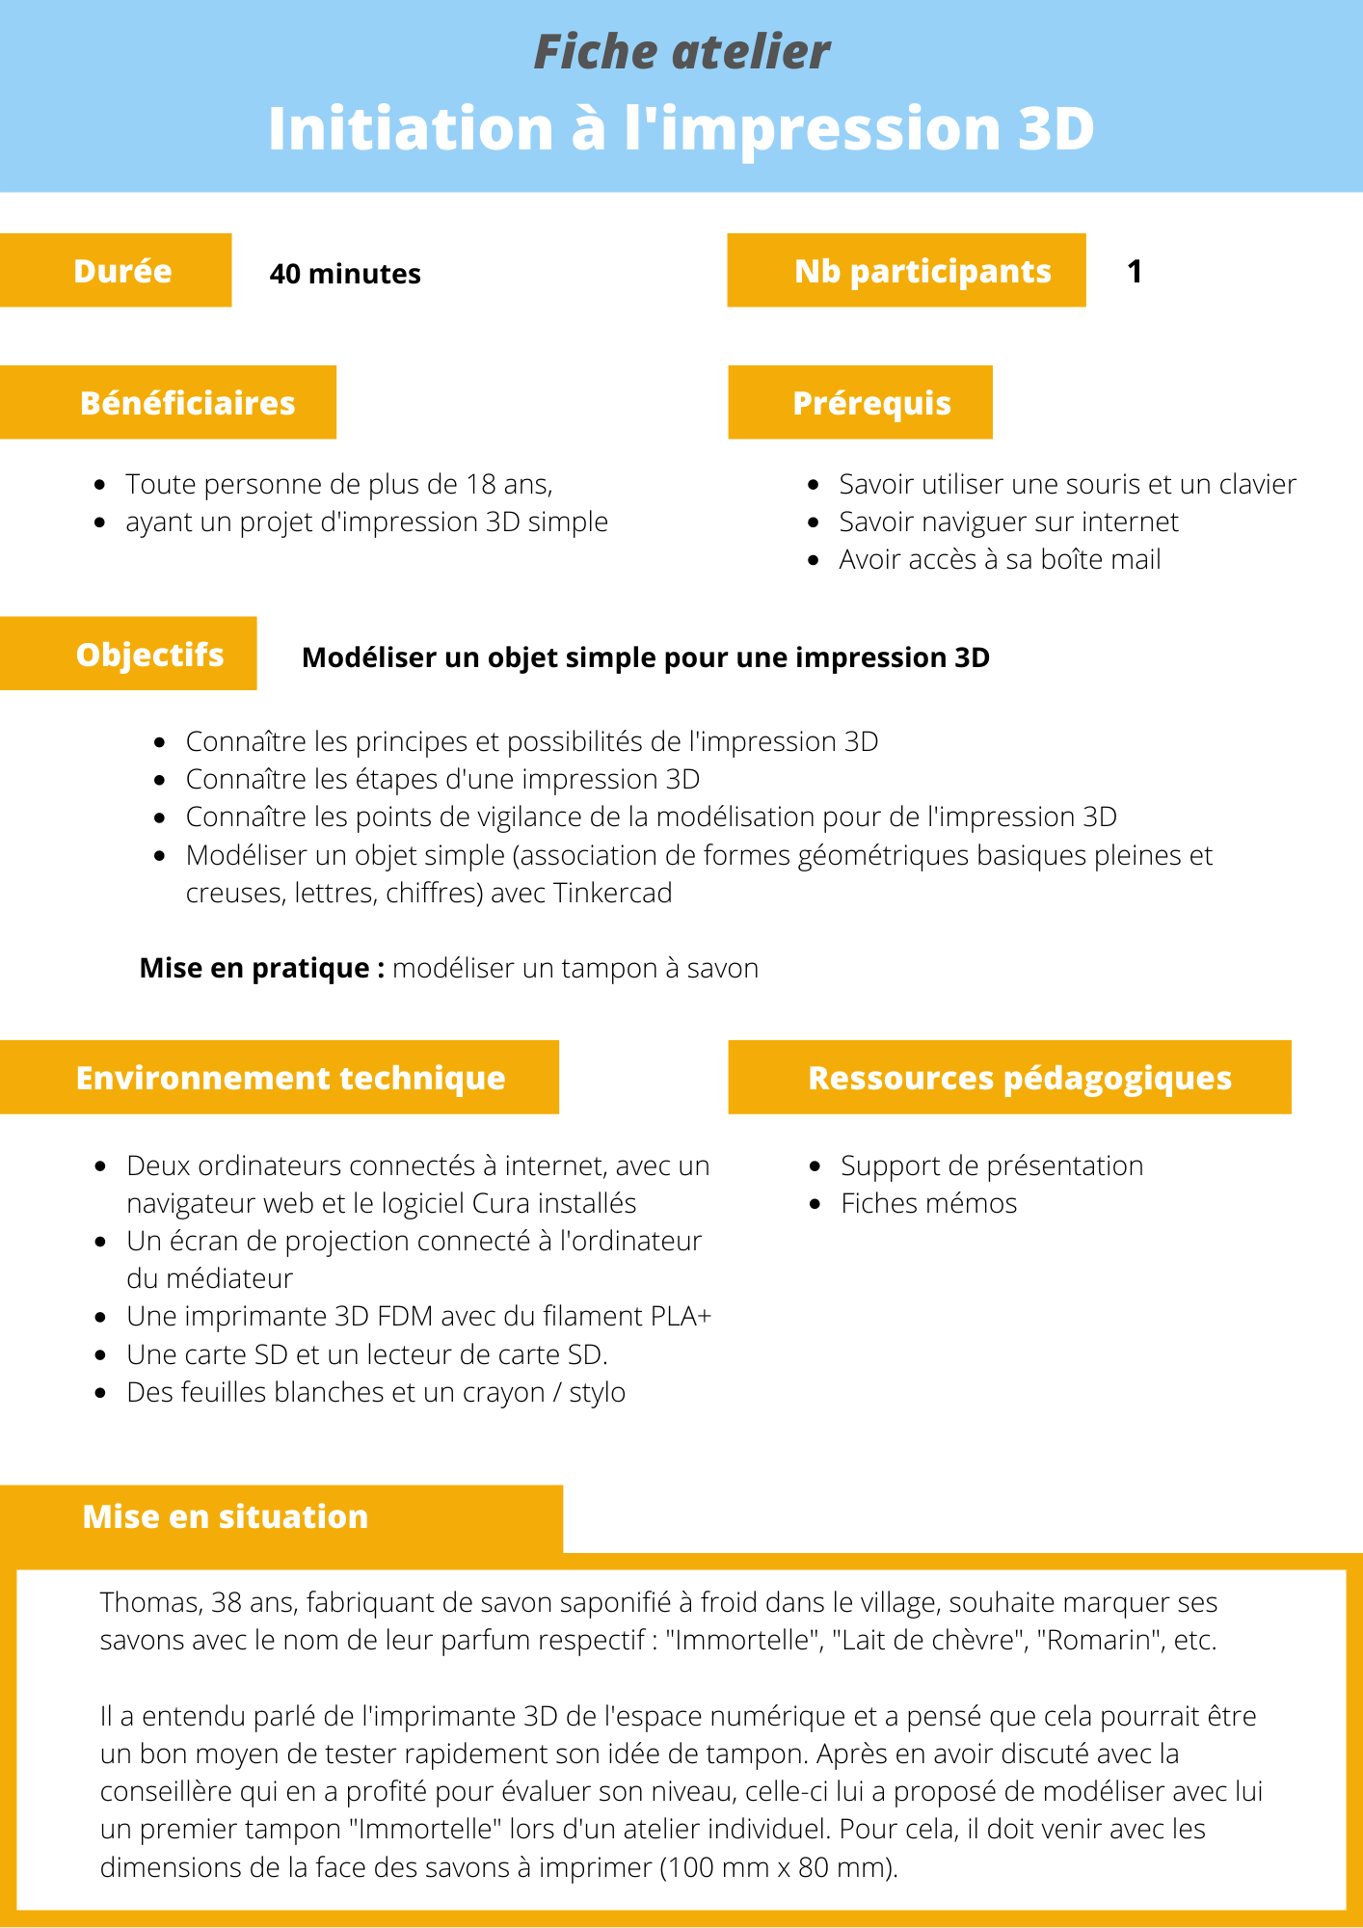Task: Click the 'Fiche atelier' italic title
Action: tap(681, 52)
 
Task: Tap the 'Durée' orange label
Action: tap(122, 271)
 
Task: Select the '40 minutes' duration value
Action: tap(345, 274)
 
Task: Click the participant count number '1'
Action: tap(1135, 271)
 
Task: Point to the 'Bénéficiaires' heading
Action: tap(187, 403)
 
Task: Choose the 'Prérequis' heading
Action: tap(871, 403)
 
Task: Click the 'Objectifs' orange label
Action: tap(149, 655)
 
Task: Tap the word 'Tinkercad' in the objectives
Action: tap(612, 893)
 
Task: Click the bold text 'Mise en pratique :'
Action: tap(262, 968)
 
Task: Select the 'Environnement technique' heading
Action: tap(290, 1078)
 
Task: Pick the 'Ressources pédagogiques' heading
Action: tap(1020, 1078)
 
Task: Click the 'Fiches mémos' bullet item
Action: tap(928, 1203)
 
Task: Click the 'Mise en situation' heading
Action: tap(226, 1516)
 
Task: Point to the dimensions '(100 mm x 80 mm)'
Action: tap(779, 1867)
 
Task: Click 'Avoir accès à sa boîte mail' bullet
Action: tap(1000, 559)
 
